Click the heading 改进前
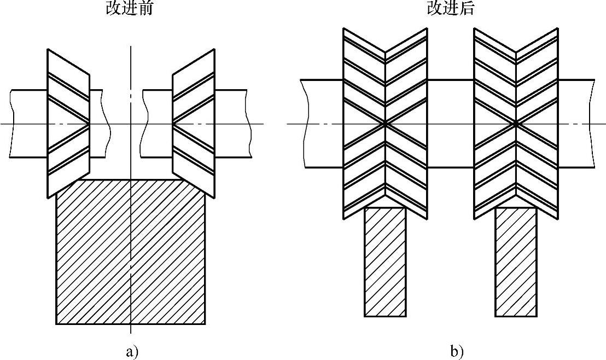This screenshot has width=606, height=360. coord(129,9)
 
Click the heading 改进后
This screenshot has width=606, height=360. coord(450,9)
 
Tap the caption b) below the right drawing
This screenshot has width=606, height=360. coord(457,351)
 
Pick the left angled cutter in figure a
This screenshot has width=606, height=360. coord(68,123)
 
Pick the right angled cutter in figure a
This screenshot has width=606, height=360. coord(193,123)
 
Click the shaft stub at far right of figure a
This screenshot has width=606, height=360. coord(232,124)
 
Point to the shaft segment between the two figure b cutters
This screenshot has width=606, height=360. coord(450,124)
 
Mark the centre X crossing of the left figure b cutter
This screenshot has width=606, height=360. coord(385,124)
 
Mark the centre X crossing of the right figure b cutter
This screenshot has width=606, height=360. coord(516,124)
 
